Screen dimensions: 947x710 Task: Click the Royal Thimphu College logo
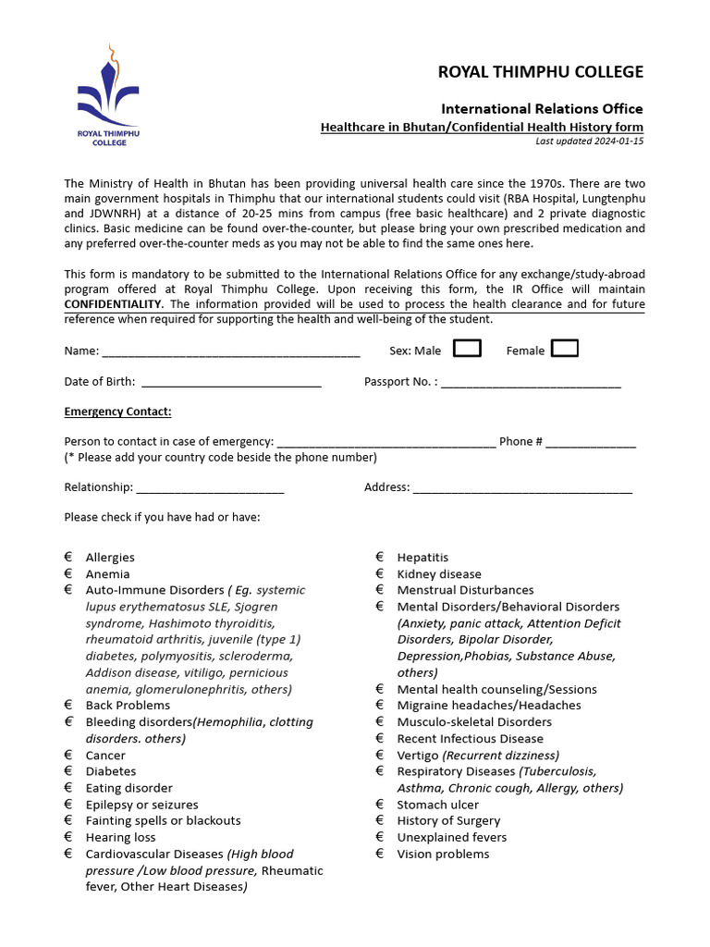(108, 96)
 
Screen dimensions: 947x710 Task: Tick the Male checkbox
(467, 349)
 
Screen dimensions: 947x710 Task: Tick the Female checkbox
(564, 349)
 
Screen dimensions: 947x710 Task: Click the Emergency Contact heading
(117, 412)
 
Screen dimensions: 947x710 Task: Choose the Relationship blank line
(210, 490)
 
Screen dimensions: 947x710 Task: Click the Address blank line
(522, 490)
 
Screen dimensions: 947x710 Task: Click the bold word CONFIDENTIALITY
(113, 304)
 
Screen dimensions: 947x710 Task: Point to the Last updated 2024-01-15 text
(589, 141)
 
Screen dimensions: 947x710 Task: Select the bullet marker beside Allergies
(68, 558)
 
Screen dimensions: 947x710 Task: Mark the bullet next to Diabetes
(68, 771)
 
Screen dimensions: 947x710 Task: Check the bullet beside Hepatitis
(380, 558)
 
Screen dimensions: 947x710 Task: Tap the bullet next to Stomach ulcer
(380, 805)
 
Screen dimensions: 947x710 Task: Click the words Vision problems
(443, 854)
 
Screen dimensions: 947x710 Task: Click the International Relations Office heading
(542, 109)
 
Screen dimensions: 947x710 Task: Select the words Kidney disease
(439, 574)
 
